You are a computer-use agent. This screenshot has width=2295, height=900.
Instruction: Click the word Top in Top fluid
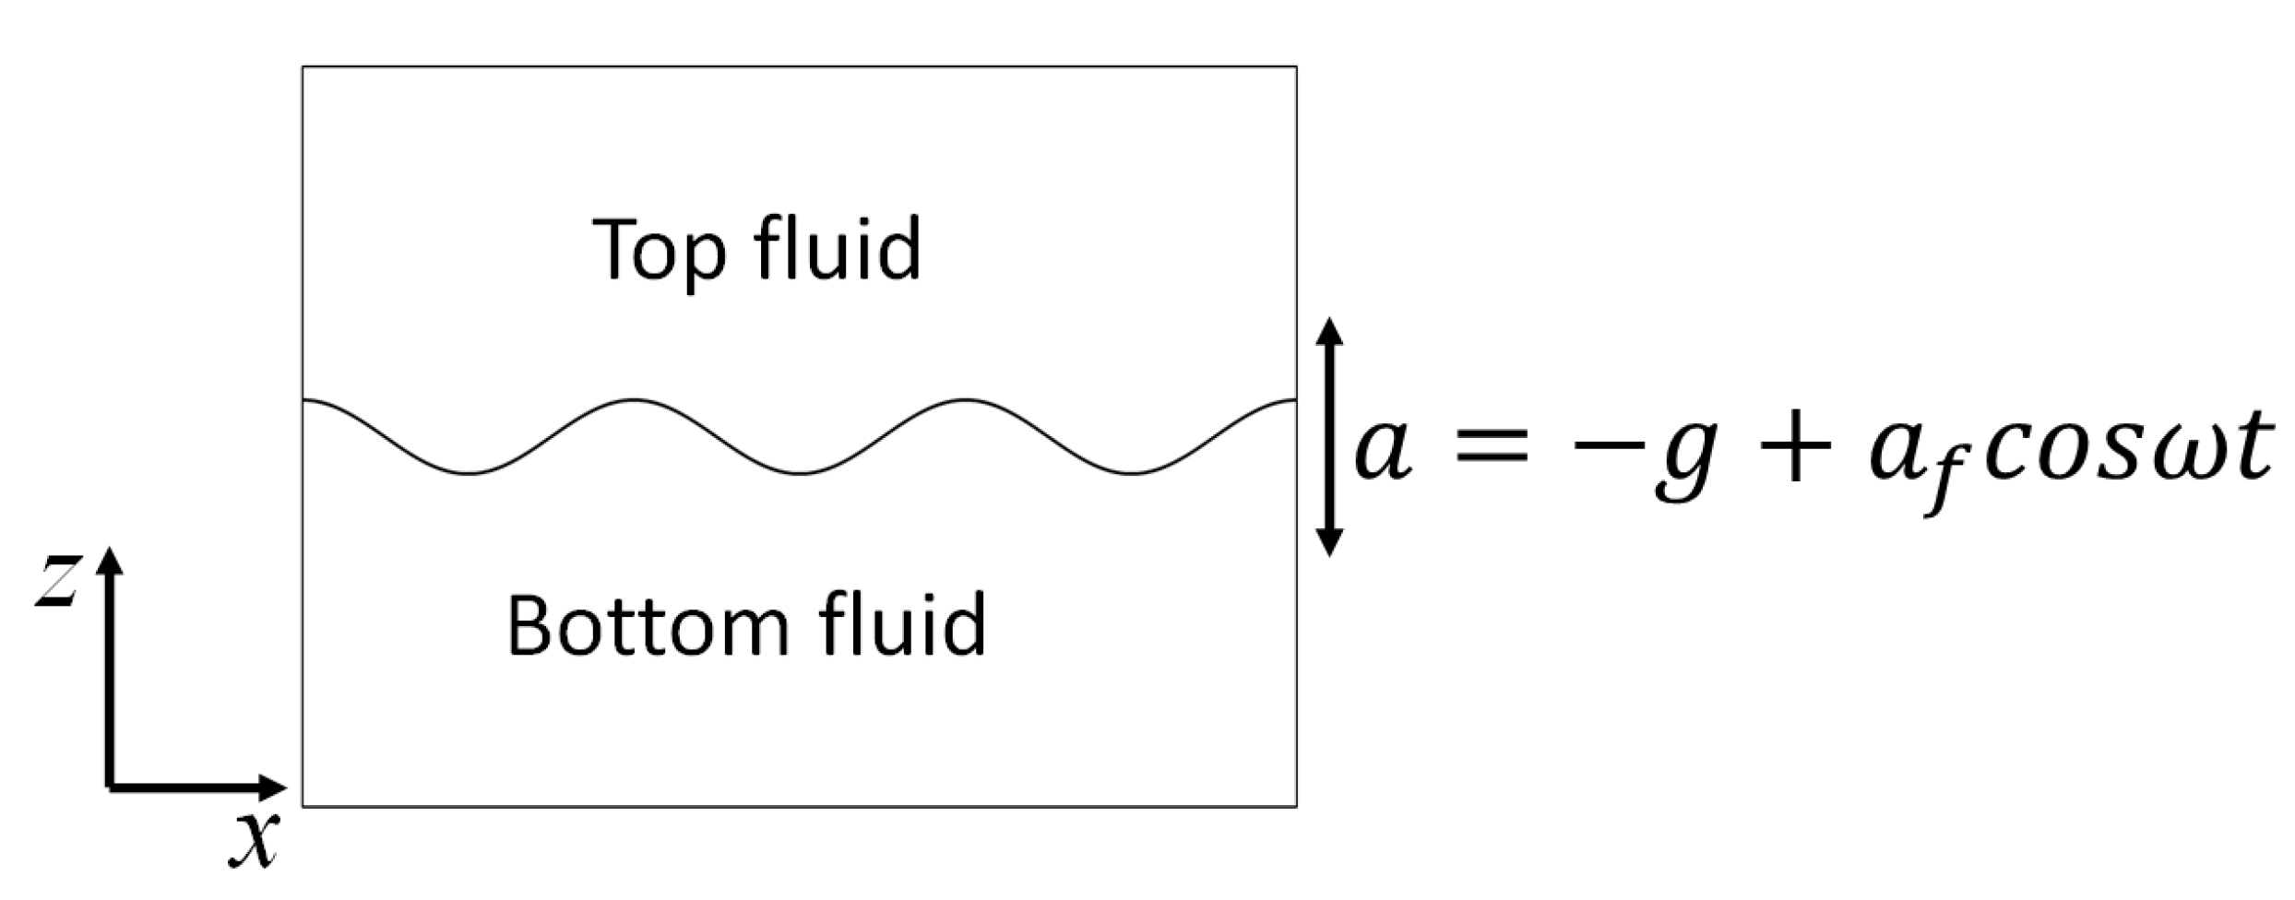659,251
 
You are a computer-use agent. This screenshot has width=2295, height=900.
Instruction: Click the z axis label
56,582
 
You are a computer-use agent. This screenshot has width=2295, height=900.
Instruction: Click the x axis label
253,840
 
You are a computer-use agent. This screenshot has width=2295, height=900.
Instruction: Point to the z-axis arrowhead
110,561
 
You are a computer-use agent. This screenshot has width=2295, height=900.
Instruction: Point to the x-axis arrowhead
273,787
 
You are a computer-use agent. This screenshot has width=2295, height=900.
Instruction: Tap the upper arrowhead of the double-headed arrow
1328,331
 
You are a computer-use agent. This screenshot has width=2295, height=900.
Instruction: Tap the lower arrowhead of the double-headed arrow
1328,542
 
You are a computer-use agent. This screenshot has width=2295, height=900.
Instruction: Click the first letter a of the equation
1383,450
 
